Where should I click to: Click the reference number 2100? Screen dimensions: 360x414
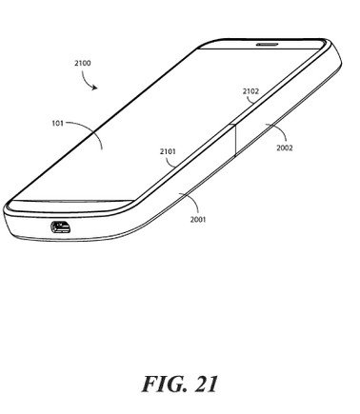point(83,63)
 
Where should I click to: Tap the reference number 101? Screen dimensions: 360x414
point(57,123)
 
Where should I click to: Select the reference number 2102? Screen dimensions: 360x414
point(250,91)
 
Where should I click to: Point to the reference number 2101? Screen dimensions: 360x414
point(168,151)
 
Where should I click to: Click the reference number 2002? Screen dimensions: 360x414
point(285,148)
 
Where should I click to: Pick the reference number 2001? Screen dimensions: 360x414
point(198,219)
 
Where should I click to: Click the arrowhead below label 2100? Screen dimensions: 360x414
point(94,88)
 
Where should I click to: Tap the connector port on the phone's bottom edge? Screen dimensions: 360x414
point(61,227)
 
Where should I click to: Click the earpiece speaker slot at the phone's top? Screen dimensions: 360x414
point(268,44)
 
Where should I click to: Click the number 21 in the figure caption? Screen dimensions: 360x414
point(207,384)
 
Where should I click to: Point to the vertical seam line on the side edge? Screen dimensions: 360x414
point(235,140)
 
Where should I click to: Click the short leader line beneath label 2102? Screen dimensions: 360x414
point(252,100)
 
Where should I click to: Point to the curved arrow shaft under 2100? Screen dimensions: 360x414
point(85,79)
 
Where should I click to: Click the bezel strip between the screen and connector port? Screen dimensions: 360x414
point(69,207)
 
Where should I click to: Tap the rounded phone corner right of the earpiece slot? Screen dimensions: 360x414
point(330,45)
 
